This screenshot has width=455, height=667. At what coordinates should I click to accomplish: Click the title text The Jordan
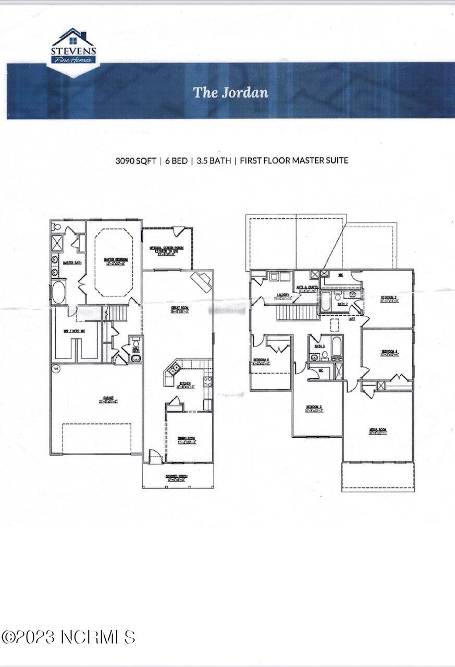click(x=230, y=92)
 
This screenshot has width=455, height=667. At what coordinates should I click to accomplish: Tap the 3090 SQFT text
click(x=137, y=160)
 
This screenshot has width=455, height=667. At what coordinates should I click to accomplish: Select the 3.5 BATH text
click(x=213, y=160)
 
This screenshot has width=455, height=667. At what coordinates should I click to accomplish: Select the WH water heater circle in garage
click(x=56, y=368)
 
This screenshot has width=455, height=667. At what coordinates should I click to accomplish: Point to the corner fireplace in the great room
click(x=201, y=281)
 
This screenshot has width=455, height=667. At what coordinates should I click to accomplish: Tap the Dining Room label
click(x=187, y=440)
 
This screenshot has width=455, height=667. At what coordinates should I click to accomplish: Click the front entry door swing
click(x=155, y=457)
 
